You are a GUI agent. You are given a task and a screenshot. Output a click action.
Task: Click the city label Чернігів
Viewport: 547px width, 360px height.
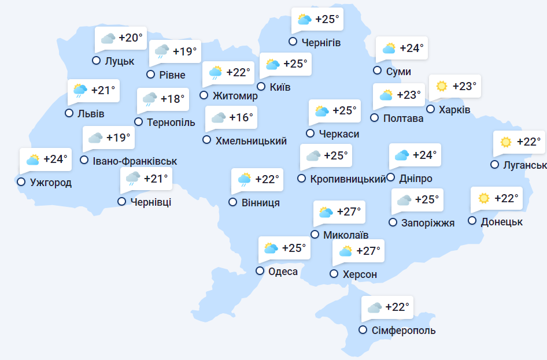point(321,42)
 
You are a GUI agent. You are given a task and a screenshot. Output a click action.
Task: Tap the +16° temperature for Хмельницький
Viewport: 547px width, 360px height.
point(241,118)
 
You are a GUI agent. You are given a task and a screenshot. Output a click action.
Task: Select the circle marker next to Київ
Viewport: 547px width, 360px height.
point(261,87)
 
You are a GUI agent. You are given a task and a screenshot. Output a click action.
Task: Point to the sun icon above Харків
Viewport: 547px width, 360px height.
point(442,87)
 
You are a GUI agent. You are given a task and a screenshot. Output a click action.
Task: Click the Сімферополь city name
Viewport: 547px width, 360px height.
point(404,331)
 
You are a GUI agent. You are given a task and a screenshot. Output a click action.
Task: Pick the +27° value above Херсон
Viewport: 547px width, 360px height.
point(368,251)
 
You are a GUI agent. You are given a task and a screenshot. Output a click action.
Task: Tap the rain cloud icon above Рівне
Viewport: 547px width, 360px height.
point(162,52)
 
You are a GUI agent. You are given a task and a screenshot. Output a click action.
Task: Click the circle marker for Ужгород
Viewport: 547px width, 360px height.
point(21,182)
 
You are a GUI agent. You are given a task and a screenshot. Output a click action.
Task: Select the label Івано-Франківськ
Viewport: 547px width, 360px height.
point(135,161)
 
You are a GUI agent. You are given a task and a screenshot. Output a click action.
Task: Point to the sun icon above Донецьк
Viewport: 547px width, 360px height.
point(484,199)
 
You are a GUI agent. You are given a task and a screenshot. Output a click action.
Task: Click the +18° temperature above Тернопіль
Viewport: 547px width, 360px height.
point(172,99)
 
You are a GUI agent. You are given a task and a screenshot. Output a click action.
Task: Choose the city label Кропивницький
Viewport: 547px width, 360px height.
point(348,179)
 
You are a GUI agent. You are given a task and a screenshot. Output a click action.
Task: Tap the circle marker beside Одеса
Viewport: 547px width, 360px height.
point(260,271)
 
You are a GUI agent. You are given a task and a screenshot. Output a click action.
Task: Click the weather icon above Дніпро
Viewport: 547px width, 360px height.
point(402,155)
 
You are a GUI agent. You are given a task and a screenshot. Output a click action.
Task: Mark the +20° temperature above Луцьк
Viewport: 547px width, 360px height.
point(130,38)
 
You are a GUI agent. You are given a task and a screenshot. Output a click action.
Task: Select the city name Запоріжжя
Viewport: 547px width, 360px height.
point(428,223)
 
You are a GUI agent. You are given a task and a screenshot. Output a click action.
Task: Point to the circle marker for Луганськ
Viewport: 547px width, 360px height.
point(494,165)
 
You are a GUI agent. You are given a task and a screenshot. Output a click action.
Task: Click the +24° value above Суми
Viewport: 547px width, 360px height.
point(412,49)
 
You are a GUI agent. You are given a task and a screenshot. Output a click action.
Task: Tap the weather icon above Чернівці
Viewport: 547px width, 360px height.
point(133,179)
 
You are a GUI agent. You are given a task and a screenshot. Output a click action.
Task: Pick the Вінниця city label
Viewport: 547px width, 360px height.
point(261,203)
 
